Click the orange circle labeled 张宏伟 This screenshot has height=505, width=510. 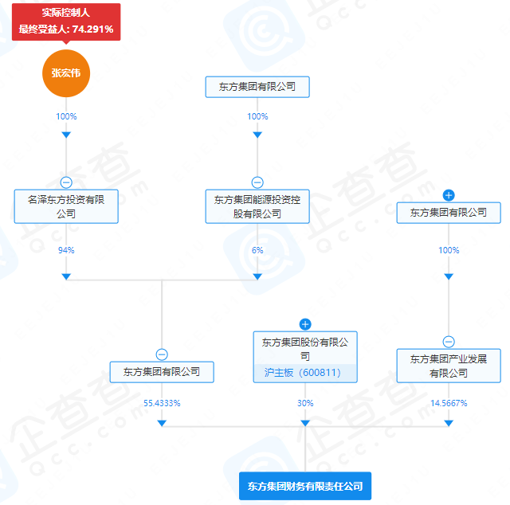point(66,73)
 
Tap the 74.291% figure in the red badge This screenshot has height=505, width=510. point(92,29)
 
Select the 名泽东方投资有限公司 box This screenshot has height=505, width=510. point(66,206)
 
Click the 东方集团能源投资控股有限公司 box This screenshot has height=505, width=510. point(257,206)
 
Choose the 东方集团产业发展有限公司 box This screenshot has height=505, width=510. point(449,366)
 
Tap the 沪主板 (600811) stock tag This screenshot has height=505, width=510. point(305,372)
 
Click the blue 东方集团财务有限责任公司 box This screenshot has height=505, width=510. point(305,485)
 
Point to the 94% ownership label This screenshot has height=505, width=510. point(66,250)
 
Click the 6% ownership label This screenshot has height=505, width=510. point(257,250)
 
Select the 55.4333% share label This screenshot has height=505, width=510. point(162,403)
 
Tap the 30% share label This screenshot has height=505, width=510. point(305,403)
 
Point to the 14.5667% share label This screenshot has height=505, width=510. point(449,403)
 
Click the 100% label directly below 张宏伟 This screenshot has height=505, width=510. point(66,116)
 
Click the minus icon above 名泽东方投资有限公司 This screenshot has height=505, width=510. point(66,182)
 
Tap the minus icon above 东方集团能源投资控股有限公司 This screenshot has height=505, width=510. point(257,182)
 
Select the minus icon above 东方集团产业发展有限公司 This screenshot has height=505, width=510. point(449,341)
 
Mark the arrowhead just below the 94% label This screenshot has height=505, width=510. point(66,276)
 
